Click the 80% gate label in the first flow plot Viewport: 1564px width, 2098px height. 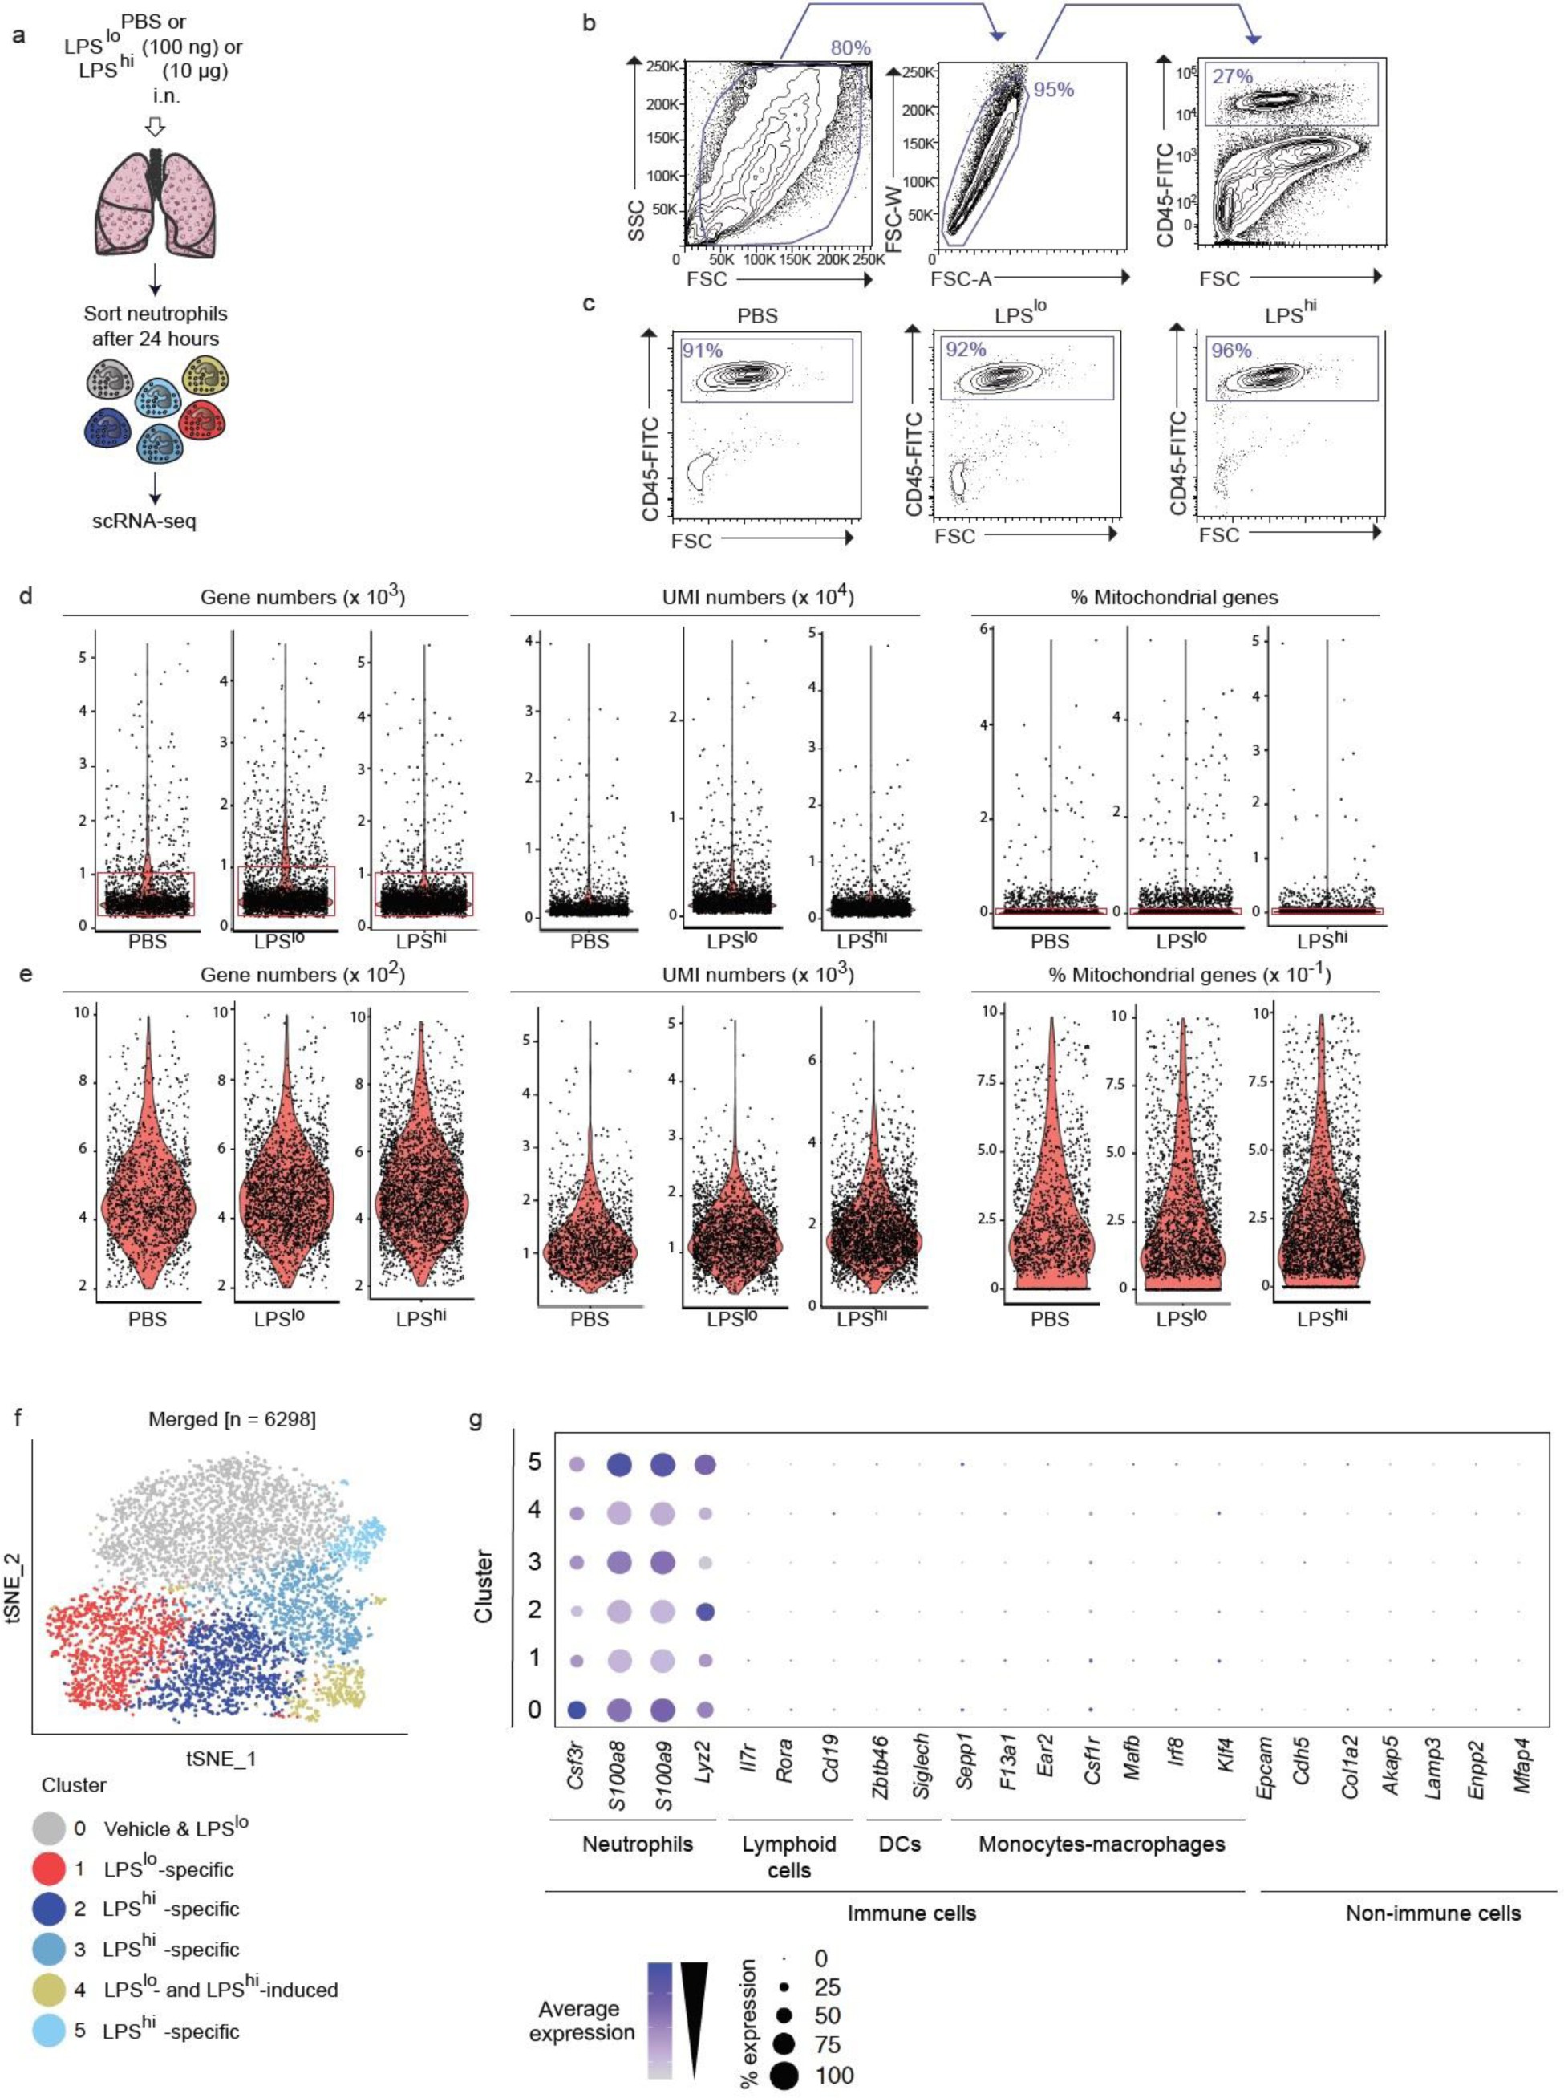tap(851, 48)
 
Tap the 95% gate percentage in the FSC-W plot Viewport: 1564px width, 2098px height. tap(1053, 90)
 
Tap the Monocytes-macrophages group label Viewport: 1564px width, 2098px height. tap(1101, 1844)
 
